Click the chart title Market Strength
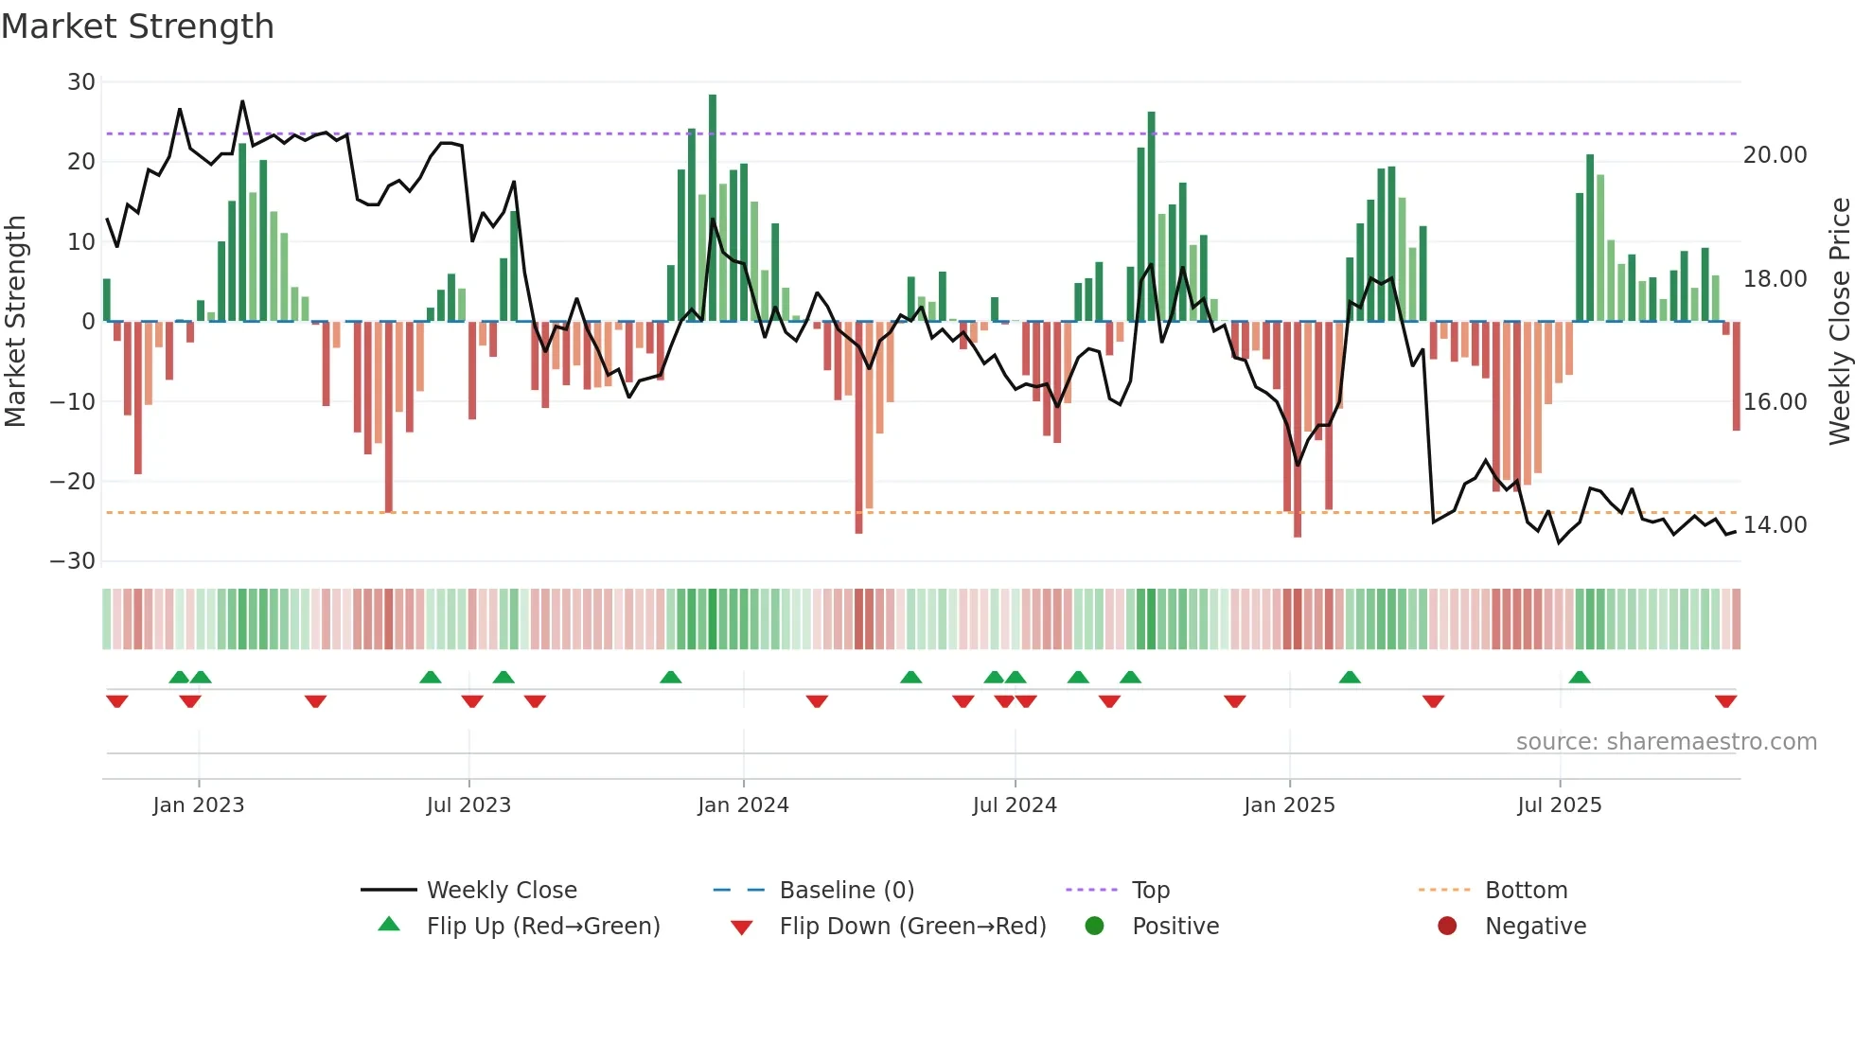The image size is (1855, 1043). [x=137, y=27]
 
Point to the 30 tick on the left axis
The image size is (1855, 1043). [x=81, y=82]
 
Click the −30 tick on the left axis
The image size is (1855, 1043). [x=74, y=561]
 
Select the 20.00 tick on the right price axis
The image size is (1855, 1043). [x=1775, y=155]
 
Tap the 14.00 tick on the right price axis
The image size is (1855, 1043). [x=1775, y=525]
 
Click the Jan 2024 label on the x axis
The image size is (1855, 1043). [x=743, y=805]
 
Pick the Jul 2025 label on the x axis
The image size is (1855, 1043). [x=1559, y=805]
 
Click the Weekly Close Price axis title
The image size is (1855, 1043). [x=1839, y=321]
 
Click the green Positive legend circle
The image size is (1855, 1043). [x=1095, y=927]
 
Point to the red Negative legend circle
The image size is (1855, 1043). [x=1447, y=927]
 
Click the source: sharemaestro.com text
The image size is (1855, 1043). [x=1666, y=742]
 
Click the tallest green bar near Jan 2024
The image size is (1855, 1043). [x=713, y=208]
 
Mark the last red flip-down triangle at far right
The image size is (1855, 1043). [x=1725, y=701]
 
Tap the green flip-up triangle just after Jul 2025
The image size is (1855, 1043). [x=1579, y=677]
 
